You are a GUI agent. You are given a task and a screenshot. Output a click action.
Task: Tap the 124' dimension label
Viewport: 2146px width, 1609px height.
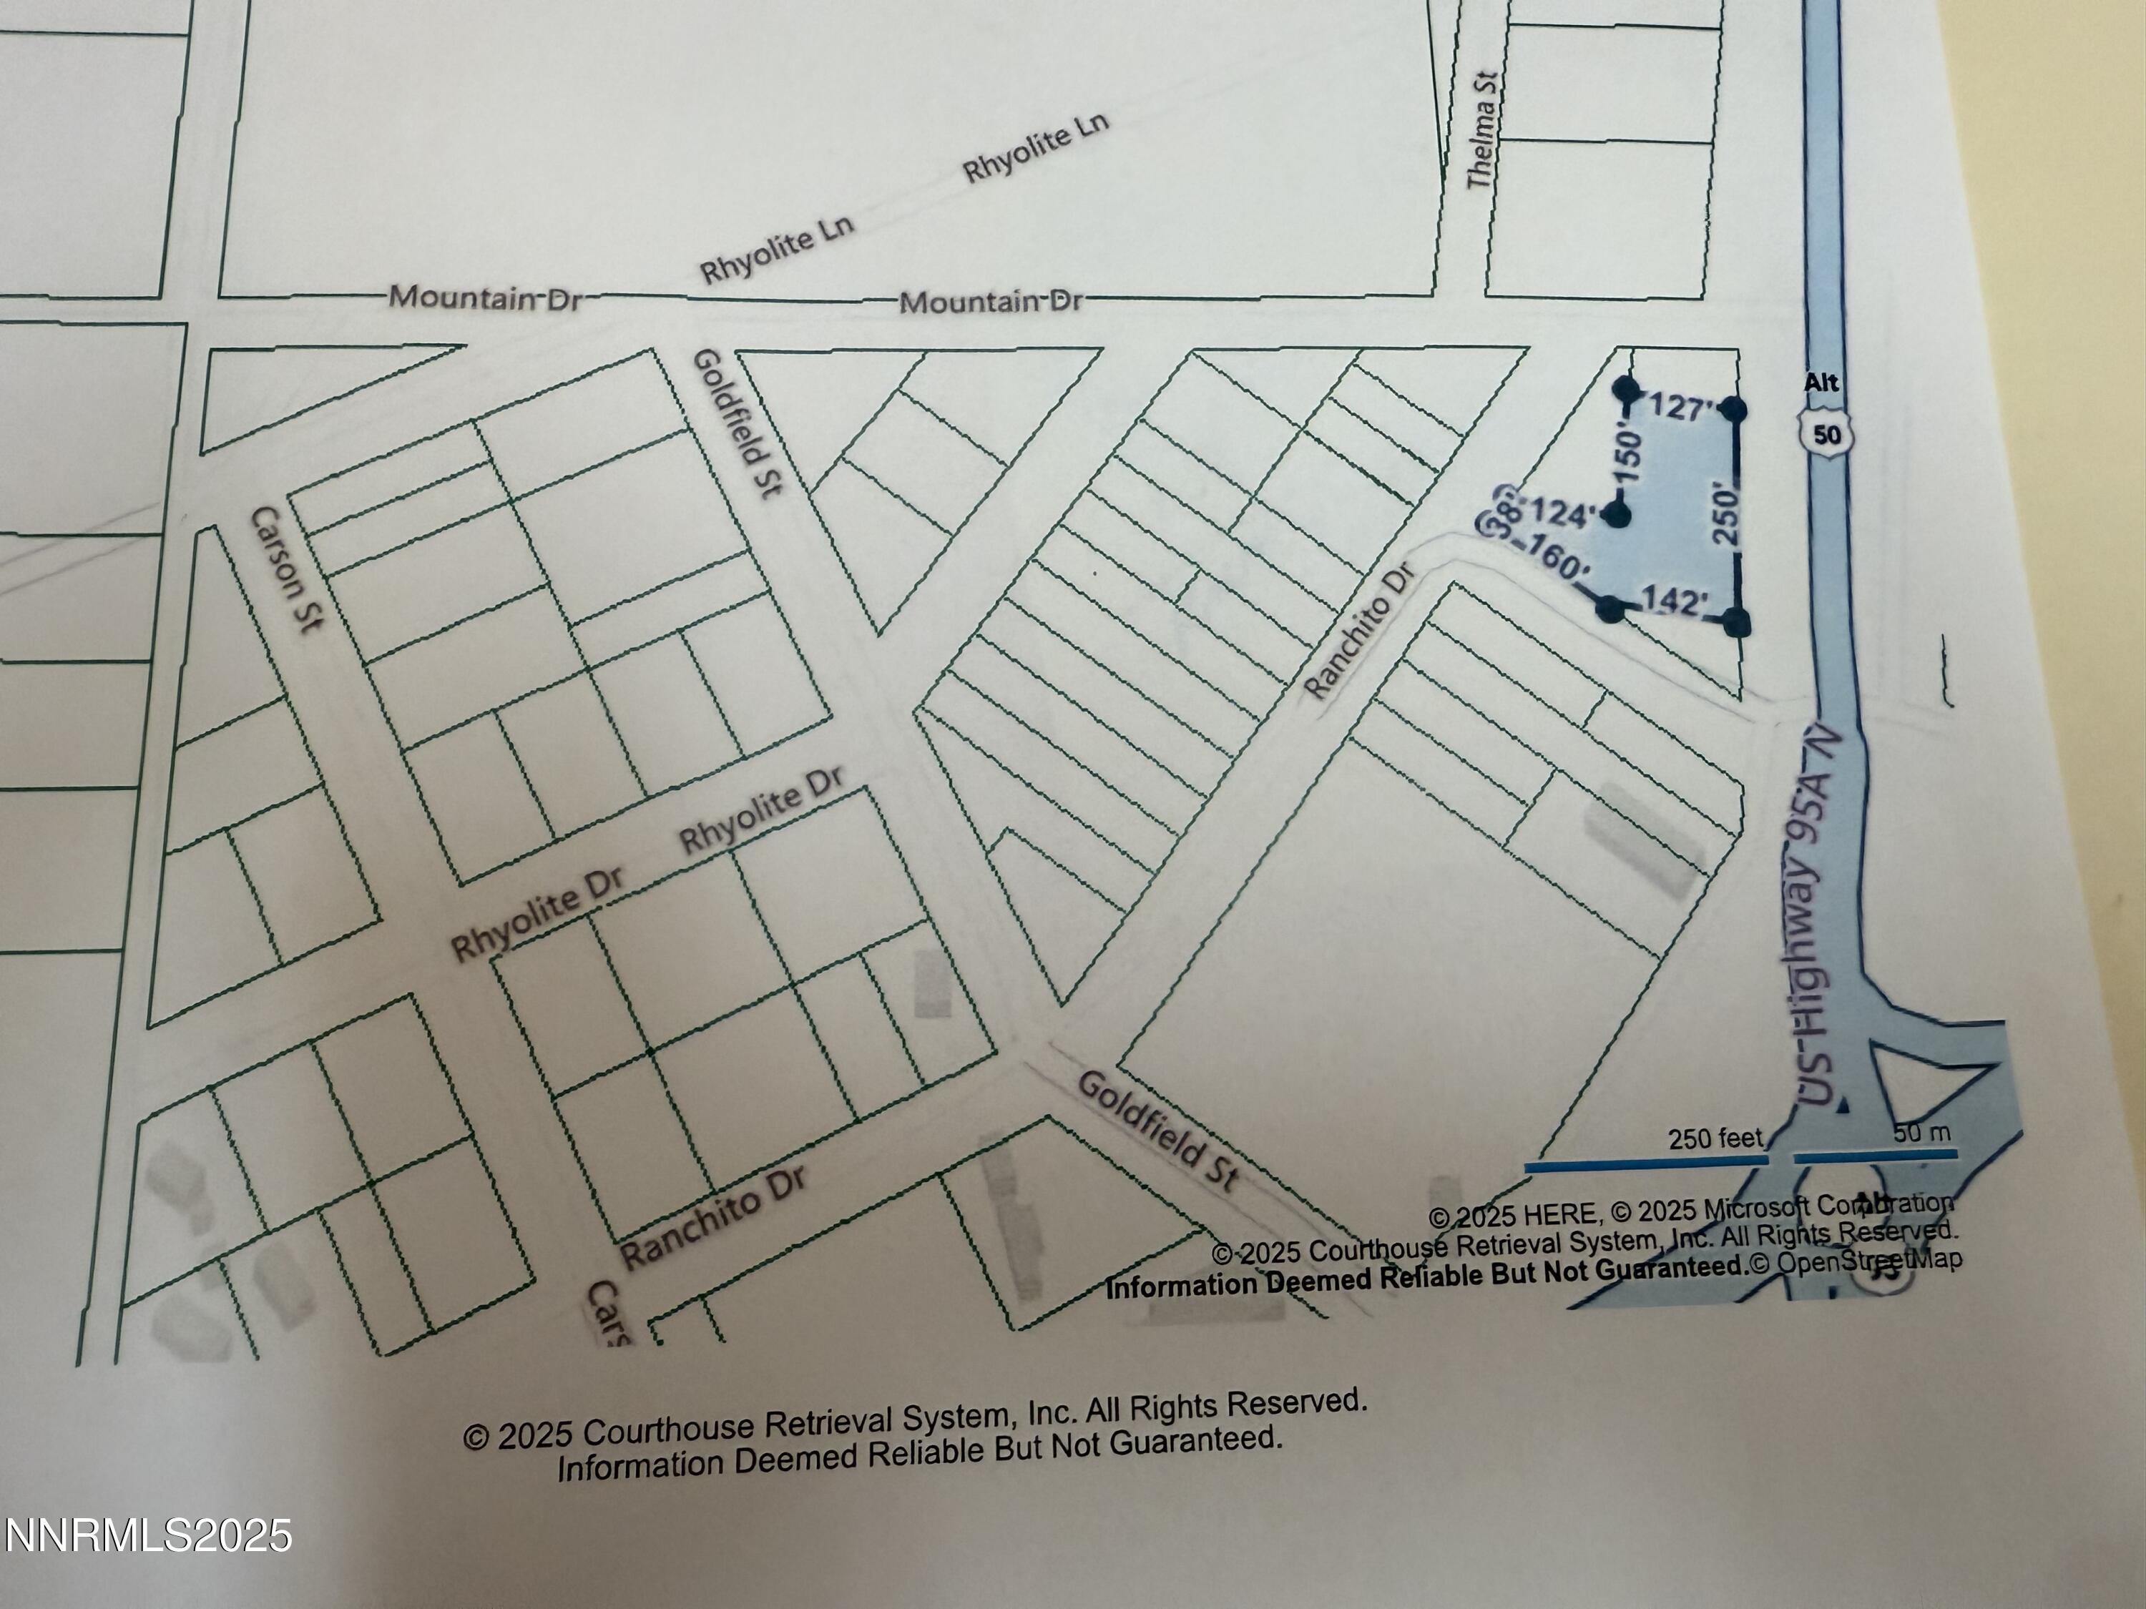tap(1564, 514)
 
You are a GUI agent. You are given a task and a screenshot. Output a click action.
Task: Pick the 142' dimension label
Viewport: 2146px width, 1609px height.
tap(1674, 601)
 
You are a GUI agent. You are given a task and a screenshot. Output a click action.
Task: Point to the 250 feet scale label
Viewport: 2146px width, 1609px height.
tap(1715, 1138)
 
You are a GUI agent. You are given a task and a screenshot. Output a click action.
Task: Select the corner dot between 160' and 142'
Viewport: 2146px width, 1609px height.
tap(1610, 609)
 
